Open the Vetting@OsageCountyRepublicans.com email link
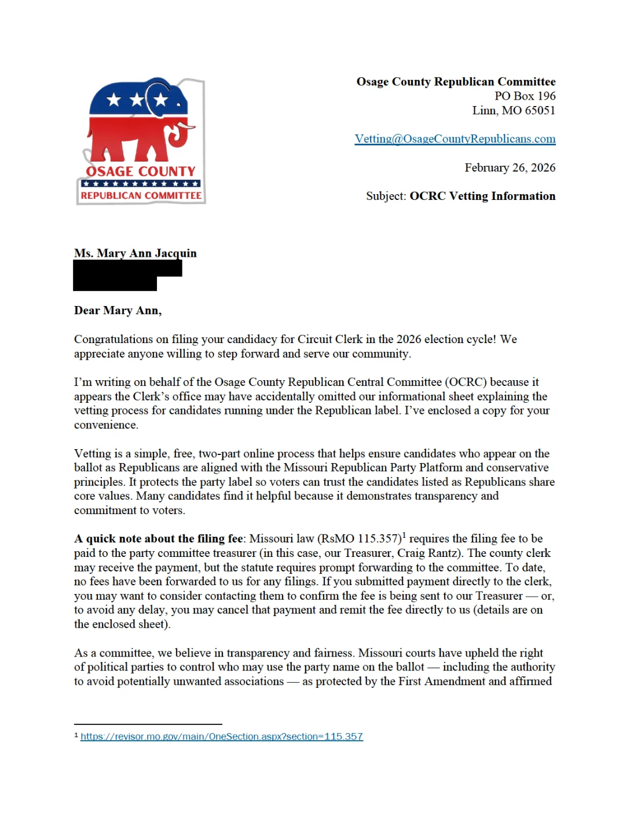point(455,139)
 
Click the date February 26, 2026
point(510,168)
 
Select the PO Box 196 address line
point(525,96)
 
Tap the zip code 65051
point(540,111)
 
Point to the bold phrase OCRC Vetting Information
point(482,196)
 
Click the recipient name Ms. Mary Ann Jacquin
point(135,253)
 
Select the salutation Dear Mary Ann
point(118,311)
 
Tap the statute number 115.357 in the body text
point(379,539)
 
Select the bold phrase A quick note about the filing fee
point(158,539)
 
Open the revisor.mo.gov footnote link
point(221,737)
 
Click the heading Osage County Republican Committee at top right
point(456,82)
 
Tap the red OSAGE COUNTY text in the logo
point(141,172)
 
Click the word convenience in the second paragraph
point(105,425)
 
